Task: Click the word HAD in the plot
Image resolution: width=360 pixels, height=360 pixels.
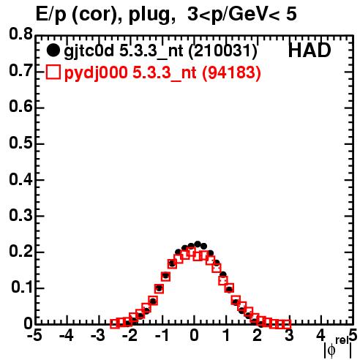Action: [x=310, y=50]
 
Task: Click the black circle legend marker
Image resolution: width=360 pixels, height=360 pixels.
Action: [x=53, y=50]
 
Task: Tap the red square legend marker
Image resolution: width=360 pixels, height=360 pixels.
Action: [x=53, y=72]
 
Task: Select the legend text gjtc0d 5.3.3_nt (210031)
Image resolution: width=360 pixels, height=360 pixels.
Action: [x=160, y=51]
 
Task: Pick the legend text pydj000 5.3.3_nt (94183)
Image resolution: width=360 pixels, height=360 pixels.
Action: [x=162, y=72]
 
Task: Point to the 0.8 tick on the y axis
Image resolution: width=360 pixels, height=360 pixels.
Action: [x=20, y=34]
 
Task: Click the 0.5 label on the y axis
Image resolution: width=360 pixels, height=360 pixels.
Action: [x=20, y=143]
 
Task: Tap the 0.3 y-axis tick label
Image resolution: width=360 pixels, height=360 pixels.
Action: [x=20, y=215]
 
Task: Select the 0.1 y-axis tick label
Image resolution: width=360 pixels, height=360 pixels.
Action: [x=22, y=288]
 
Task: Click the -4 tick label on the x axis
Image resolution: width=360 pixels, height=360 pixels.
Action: [x=67, y=336]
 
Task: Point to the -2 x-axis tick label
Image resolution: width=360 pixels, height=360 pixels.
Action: [x=130, y=336]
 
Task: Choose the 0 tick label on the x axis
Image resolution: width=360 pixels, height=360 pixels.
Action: [x=194, y=336]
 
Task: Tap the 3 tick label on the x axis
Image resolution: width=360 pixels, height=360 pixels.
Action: [x=289, y=336]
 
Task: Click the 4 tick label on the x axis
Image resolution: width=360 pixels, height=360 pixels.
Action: [x=320, y=336]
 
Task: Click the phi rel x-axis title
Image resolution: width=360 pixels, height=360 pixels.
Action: [x=338, y=348]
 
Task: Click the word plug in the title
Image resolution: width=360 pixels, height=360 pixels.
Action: [x=149, y=15]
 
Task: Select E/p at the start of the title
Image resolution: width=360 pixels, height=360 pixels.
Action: [x=50, y=15]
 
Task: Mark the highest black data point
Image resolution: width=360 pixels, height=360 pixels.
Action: [x=198, y=244]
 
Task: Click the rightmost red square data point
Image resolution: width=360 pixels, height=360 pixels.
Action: [x=287, y=324]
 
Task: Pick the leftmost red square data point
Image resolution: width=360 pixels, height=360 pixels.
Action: [x=115, y=323]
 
